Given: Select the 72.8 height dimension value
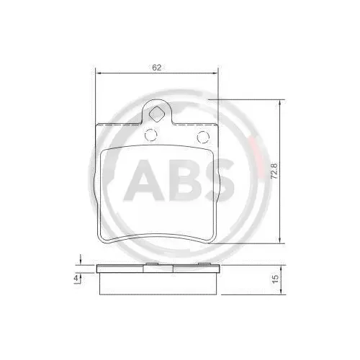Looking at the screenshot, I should (x=274, y=173).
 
